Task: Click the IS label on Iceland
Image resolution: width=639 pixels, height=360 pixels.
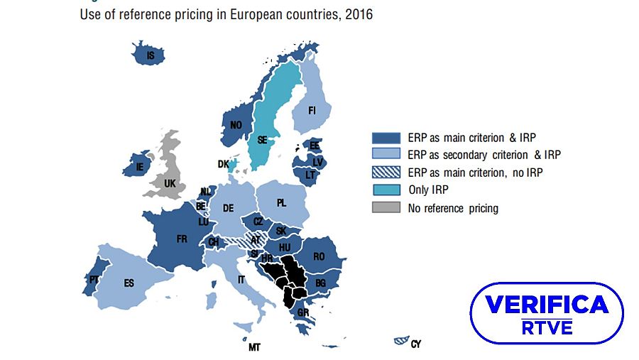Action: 150,55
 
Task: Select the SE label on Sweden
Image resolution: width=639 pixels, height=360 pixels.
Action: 262,140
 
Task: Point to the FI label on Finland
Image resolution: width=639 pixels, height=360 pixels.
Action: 312,111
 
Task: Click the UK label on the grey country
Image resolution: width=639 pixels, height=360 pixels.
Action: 170,183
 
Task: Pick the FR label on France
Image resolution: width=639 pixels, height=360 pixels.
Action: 182,239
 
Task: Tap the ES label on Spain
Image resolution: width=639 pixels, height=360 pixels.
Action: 129,283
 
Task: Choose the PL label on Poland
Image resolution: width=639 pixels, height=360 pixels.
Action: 282,203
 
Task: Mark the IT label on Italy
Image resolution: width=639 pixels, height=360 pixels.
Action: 241,280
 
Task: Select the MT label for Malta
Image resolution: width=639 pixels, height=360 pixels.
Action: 253,348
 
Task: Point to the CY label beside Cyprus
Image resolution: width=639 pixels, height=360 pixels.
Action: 416,344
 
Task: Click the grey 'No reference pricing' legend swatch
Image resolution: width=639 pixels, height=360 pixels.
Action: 386,208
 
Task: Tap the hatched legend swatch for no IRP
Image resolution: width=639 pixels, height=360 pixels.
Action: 386,173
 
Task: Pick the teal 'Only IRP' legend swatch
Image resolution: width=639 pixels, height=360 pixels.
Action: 386,190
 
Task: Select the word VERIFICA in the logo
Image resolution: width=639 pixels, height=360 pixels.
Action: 547,305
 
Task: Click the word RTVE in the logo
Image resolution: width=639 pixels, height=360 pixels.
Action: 547,328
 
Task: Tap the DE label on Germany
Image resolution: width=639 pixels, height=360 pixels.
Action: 228,208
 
